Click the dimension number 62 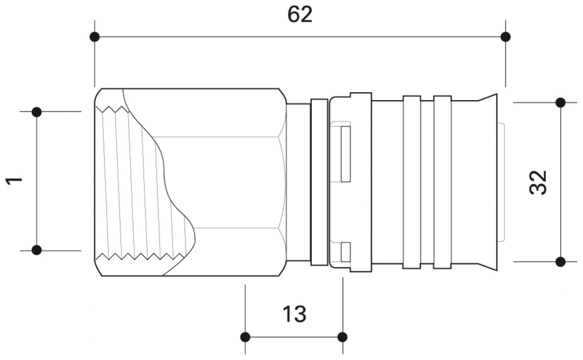point(299,15)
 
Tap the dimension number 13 point(294,314)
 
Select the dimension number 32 point(538,182)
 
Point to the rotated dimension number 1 point(14,181)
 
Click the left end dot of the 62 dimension point(95,37)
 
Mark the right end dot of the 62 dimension point(505,37)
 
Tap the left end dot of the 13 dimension point(245,337)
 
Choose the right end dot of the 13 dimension point(342,337)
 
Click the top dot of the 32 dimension point(560,103)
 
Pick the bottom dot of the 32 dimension point(560,262)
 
